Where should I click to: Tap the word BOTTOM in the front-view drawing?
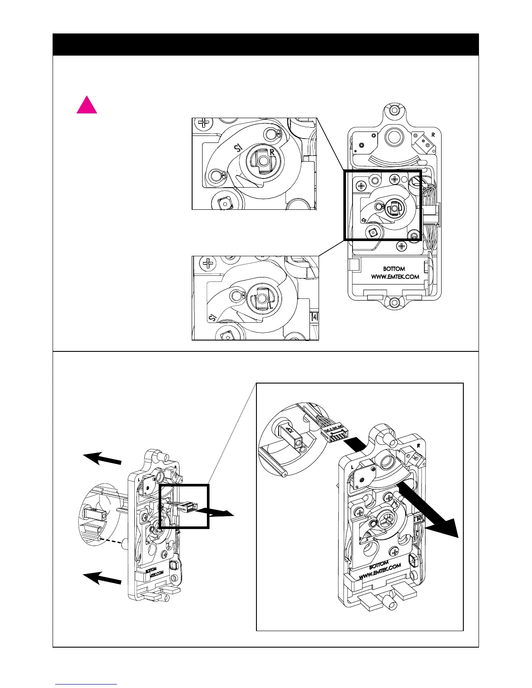394,269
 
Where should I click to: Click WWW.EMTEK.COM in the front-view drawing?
395,277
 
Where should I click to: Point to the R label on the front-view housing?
433,135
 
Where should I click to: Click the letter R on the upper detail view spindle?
272,152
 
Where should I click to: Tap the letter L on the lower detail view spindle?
270,305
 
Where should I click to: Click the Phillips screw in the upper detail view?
203,122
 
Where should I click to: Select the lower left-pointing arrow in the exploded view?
102,579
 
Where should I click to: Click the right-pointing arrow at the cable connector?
219,513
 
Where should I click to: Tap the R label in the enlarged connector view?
419,446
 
